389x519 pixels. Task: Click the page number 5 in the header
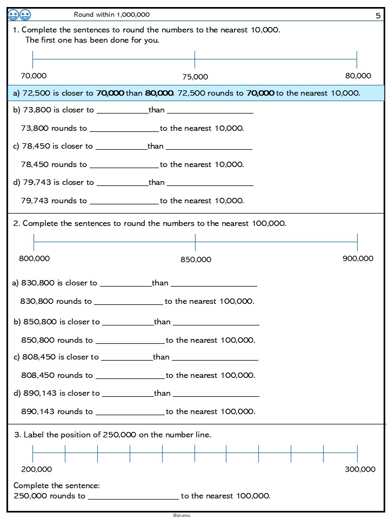[x=378, y=16]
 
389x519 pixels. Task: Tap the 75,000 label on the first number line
[x=195, y=77]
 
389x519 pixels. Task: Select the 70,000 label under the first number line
[x=33, y=76]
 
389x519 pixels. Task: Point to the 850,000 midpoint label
[x=196, y=259]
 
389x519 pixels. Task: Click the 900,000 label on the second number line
[x=358, y=258]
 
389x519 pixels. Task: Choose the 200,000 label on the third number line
[x=37, y=469]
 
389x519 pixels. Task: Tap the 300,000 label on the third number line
[x=360, y=469]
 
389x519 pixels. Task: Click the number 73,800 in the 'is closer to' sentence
[x=37, y=110]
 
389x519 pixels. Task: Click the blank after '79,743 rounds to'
[x=124, y=201]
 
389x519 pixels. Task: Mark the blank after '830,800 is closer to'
[x=125, y=283]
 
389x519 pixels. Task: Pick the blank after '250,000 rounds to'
[x=133, y=496]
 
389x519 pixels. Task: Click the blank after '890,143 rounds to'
[x=130, y=412]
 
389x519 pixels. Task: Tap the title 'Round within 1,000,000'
[x=112, y=15]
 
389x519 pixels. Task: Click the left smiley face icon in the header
[x=14, y=15]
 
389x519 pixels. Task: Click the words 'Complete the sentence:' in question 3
[x=57, y=485]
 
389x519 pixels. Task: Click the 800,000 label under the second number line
[x=34, y=258]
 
